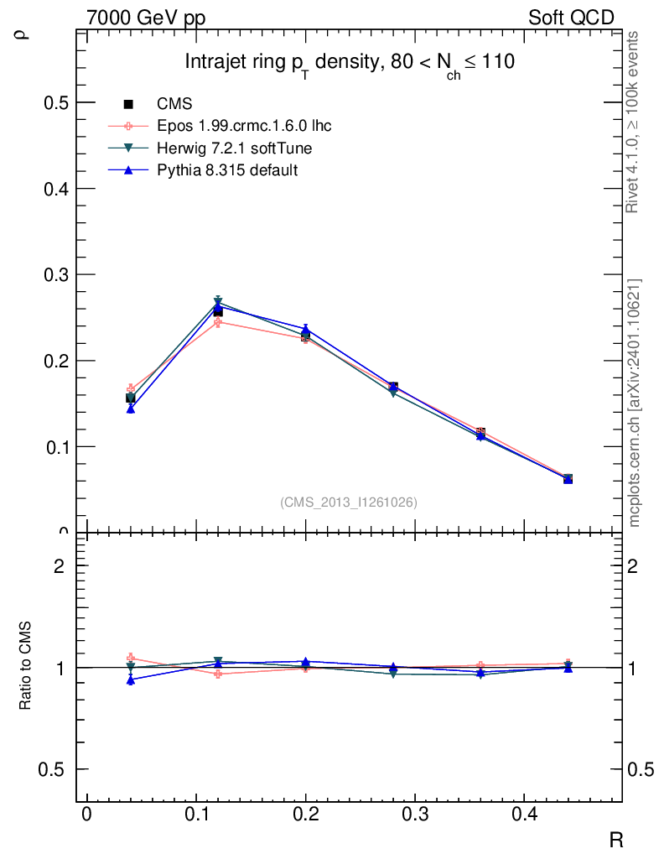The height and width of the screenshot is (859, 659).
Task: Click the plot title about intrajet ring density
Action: click(x=349, y=63)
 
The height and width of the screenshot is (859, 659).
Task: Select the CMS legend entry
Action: click(x=174, y=104)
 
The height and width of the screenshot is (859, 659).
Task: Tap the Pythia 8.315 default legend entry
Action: click(x=227, y=169)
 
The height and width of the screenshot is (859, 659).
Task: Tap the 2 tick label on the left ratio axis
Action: click(x=59, y=565)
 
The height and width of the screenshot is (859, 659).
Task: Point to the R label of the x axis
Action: click(x=615, y=840)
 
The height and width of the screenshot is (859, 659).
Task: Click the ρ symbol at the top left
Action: click(x=23, y=34)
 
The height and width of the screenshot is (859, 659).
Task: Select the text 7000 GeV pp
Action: click(x=146, y=18)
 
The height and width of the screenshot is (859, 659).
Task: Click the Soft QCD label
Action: click(x=571, y=18)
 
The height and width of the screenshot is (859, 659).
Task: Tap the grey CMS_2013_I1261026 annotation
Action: click(x=349, y=502)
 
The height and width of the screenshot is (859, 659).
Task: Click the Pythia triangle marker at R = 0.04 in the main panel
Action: click(x=131, y=409)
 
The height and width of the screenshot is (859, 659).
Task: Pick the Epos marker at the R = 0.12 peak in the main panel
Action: click(x=218, y=322)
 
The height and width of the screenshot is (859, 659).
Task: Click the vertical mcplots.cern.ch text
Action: click(x=635, y=403)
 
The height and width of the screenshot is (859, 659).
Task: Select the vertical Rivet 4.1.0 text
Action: click(x=635, y=122)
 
